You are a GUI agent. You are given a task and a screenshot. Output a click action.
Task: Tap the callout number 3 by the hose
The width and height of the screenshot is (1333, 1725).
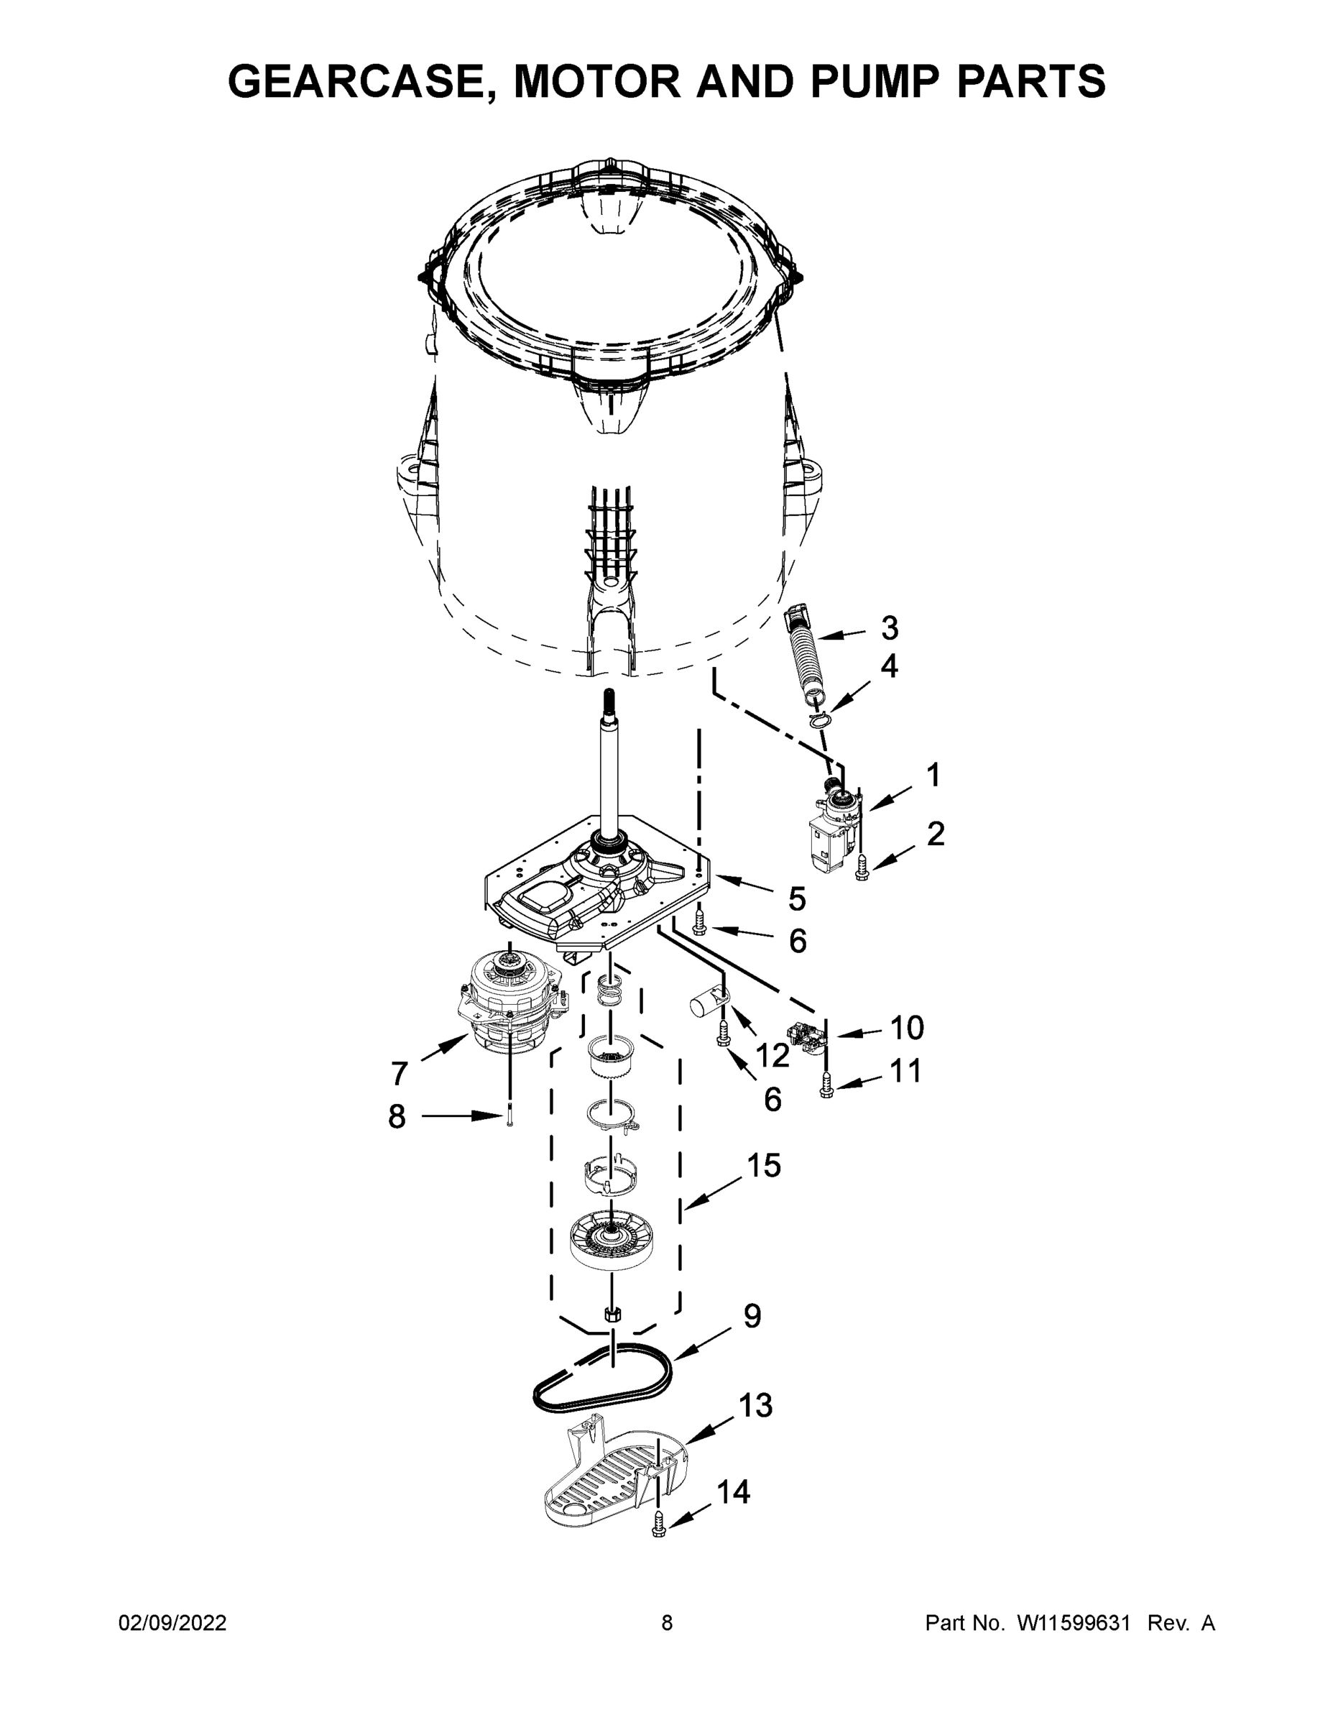[889, 629]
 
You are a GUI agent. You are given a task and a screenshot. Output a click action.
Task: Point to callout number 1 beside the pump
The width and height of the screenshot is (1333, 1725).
[933, 776]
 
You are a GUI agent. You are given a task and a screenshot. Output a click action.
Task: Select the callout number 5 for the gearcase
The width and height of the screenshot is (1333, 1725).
[797, 899]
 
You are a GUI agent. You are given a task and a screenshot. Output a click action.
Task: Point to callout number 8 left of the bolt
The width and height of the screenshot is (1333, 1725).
[397, 1117]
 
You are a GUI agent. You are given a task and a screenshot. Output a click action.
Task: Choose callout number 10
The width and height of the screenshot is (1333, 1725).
[907, 1029]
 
